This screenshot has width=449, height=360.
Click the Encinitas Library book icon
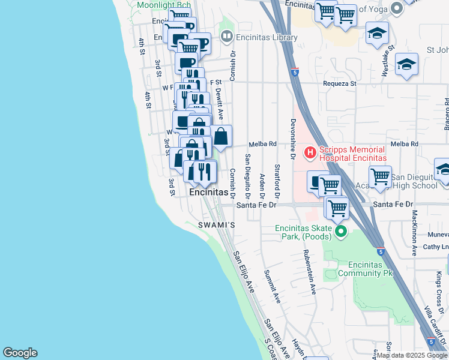coord(226,37)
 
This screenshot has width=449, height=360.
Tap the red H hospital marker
coord(310,153)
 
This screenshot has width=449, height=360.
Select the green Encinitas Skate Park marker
coord(342,231)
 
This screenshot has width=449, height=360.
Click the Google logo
coord(20,353)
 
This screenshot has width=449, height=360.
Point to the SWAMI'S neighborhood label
coord(215,225)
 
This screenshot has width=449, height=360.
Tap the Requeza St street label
coord(340,84)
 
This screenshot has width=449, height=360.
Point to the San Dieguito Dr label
coord(247,177)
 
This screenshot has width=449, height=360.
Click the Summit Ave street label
coord(272,286)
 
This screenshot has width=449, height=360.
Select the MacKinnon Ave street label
coord(414,233)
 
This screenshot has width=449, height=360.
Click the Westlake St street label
coord(388,61)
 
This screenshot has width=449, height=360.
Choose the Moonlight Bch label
coord(164,5)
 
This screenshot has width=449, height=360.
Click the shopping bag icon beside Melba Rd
coord(221,137)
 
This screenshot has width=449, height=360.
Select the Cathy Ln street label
coord(436,247)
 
